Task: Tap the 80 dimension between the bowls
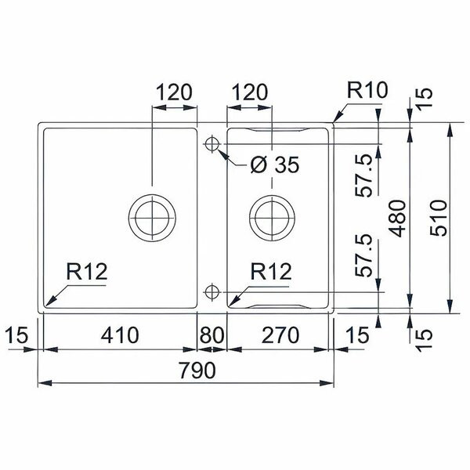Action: pos(211,335)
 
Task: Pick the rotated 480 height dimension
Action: pos(398,218)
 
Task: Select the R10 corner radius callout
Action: pos(366,91)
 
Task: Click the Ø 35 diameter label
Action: pos(274,165)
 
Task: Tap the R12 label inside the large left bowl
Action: pos(86,272)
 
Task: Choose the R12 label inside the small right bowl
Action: pos(271,272)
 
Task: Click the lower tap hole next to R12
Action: pos(211,291)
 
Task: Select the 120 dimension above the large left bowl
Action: pos(173,92)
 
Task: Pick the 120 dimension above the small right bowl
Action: pos(249,92)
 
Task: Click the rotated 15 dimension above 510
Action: pos(424,97)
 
